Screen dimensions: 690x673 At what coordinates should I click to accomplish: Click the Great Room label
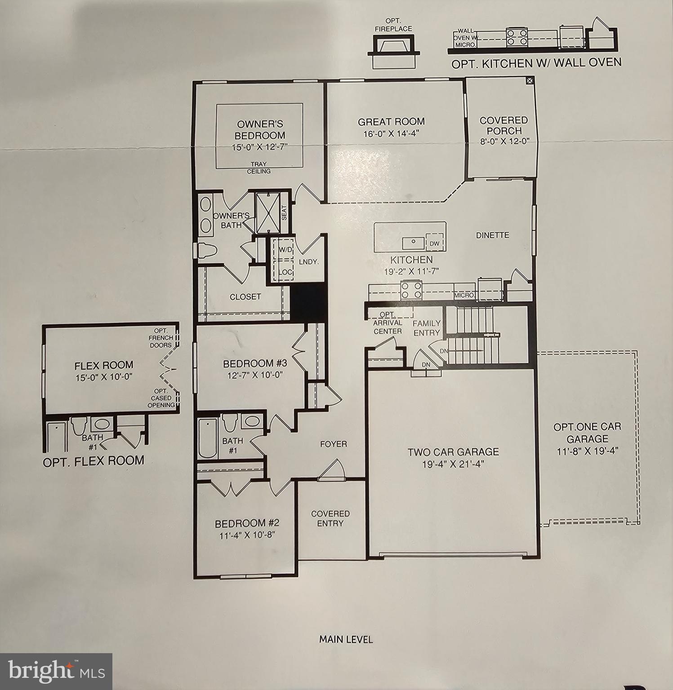pyautogui.click(x=391, y=121)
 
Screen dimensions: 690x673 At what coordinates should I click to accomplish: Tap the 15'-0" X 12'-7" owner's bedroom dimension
pyautogui.click(x=260, y=146)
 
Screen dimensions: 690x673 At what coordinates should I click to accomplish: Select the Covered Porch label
pyautogui.click(x=503, y=125)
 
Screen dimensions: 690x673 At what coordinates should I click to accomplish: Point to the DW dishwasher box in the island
pyautogui.click(x=434, y=243)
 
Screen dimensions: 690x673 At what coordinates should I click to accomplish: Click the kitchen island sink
pyautogui.click(x=413, y=242)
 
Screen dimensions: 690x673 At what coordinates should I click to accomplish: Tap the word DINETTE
pyautogui.click(x=492, y=235)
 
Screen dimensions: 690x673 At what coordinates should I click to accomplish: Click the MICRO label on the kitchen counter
pyautogui.click(x=464, y=295)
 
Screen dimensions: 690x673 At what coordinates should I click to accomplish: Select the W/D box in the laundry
pyautogui.click(x=284, y=249)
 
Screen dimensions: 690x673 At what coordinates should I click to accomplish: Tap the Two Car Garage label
pyautogui.click(x=453, y=452)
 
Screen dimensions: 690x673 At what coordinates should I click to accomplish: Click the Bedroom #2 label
pyautogui.click(x=247, y=523)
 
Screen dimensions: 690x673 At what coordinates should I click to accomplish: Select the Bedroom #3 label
pyautogui.click(x=254, y=363)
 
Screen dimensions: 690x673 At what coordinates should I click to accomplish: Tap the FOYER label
pyautogui.click(x=333, y=444)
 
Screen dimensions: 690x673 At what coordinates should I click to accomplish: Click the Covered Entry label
pyautogui.click(x=330, y=518)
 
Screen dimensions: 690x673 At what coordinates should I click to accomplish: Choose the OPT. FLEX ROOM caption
pyautogui.click(x=94, y=461)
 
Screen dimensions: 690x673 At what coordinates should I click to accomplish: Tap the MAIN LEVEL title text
pyautogui.click(x=346, y=639)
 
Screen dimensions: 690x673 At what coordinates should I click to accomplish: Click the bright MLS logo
pyautogui.click(x=56, y=671)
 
